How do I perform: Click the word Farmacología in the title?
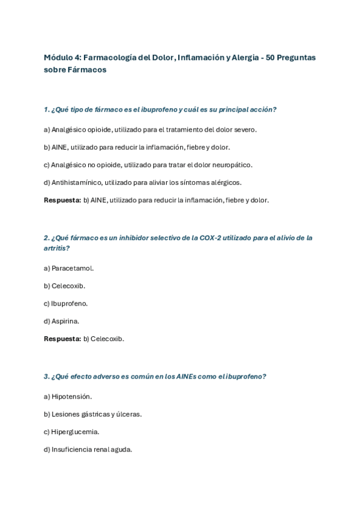pos(108,57)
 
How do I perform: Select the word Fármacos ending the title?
pos(86,69)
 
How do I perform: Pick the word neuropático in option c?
pos(232,164)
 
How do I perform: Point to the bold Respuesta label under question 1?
pos(62,200)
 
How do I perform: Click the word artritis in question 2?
pos(56,248)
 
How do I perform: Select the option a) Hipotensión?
pos(68,396)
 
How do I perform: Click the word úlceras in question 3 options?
pos(128,414)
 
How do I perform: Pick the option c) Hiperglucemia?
pos(71,432)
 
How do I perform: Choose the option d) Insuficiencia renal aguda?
pos(88,449)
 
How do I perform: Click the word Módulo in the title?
pos(58,57)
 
